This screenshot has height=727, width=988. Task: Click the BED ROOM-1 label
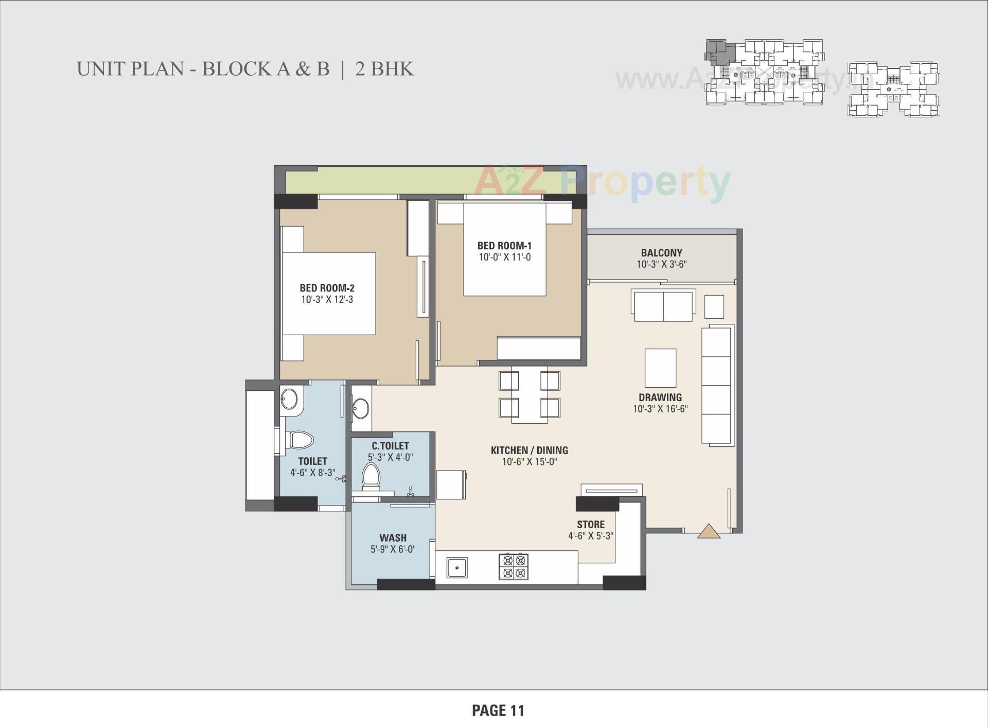pyautogui.click(x=504, y=246)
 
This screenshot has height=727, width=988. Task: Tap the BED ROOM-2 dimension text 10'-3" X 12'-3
pyautogui.click(x=327, y=300)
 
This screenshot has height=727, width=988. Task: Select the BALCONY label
pyautogui.click(x=661, y=253)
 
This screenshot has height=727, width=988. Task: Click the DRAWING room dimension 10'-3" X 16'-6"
pyautogui.click(x=660, y=409)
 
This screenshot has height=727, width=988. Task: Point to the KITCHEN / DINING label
pyautogui.click(x=529, y=451)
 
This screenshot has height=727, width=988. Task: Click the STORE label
pyautogui.click(x=590, y=525)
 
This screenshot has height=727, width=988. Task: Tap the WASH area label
pyautogui.click(x=393, y=538)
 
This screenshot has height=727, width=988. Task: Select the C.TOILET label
pyautogui.click(x=390, y=446)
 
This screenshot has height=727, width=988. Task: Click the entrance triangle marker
pyautogui.click(x=709, y=531)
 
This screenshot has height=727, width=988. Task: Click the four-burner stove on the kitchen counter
pyautogui.click(x=514, y=566)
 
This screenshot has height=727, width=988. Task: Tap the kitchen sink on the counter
pyautogui.click(x=456, y=567)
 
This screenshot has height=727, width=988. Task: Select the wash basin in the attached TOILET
pyautogui.click(x=289, y=399)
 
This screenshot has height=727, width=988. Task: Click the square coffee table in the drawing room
pyautogui.click(x=660, y=368)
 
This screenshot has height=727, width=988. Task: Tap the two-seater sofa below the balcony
pyautogui.click(x=663, y=306)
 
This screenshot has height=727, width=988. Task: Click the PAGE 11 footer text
pyautogui.click(x=498, y=711)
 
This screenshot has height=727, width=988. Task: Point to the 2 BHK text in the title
pyautogui.click(x=384, y=69)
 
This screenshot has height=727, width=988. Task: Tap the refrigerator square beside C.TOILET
pyautogui.click(x=451, y=484)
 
